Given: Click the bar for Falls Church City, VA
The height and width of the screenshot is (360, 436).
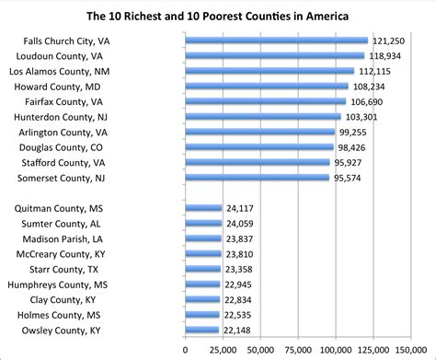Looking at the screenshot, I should click(276, 41).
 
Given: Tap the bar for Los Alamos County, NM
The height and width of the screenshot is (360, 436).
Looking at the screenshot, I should click(270, 71).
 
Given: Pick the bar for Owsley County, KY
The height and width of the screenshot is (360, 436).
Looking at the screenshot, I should click(202, 330).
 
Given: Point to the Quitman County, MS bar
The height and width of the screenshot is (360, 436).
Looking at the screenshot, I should click(203, 208).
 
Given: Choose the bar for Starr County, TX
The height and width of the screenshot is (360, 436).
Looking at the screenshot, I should click(203, 269).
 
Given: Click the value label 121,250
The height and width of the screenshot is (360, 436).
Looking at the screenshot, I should click(387, 41).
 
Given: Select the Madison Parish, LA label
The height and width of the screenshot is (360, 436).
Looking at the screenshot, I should click(69, 238).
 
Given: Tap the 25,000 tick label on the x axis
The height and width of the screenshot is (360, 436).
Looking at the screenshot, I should click(223, 349).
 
